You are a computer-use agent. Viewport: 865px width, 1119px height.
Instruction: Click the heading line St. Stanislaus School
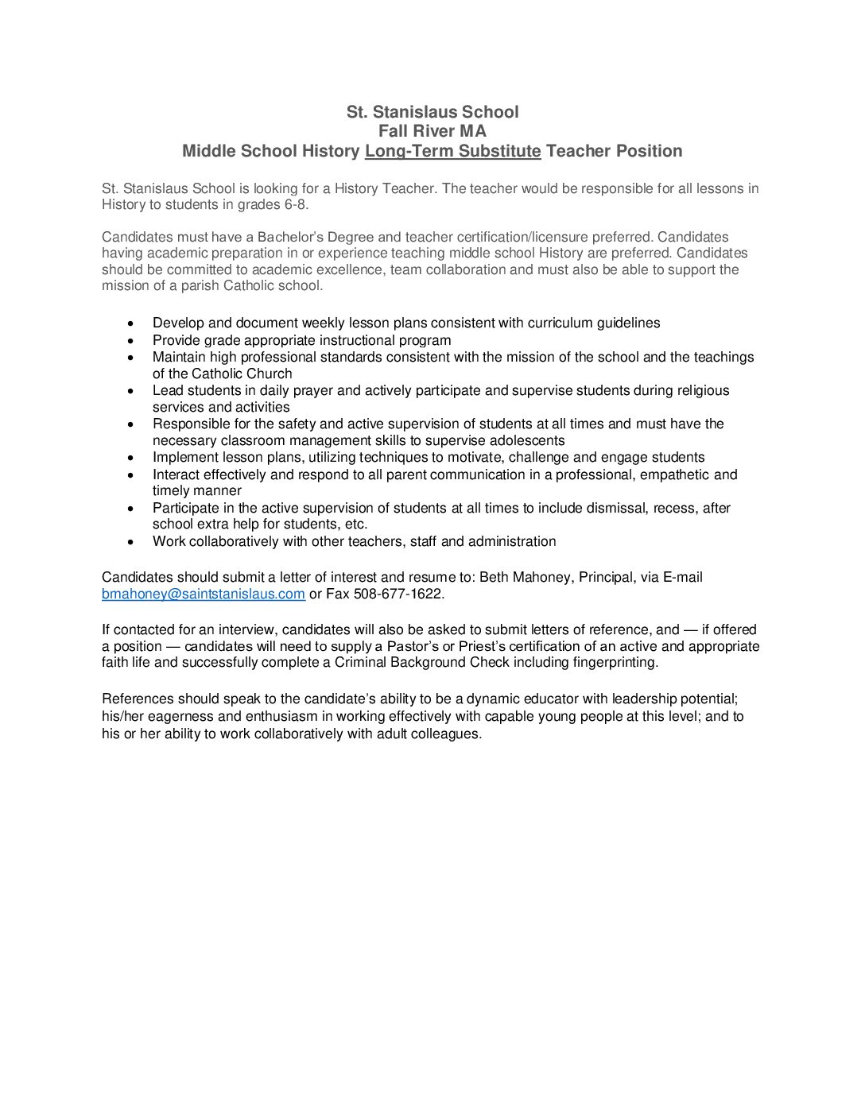coord(432,112)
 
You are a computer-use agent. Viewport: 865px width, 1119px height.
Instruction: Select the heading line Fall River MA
coord(432,131)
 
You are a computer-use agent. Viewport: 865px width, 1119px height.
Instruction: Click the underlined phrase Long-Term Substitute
coord(452,151)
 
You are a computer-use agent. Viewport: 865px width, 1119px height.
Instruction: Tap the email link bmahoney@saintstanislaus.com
coord(204,594)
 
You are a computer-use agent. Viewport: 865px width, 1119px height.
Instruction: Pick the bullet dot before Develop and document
coord(131,323)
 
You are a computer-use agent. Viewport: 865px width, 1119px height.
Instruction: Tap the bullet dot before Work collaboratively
coord(131,542)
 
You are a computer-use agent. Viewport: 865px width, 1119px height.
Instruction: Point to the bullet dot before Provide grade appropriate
coord(131,340)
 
